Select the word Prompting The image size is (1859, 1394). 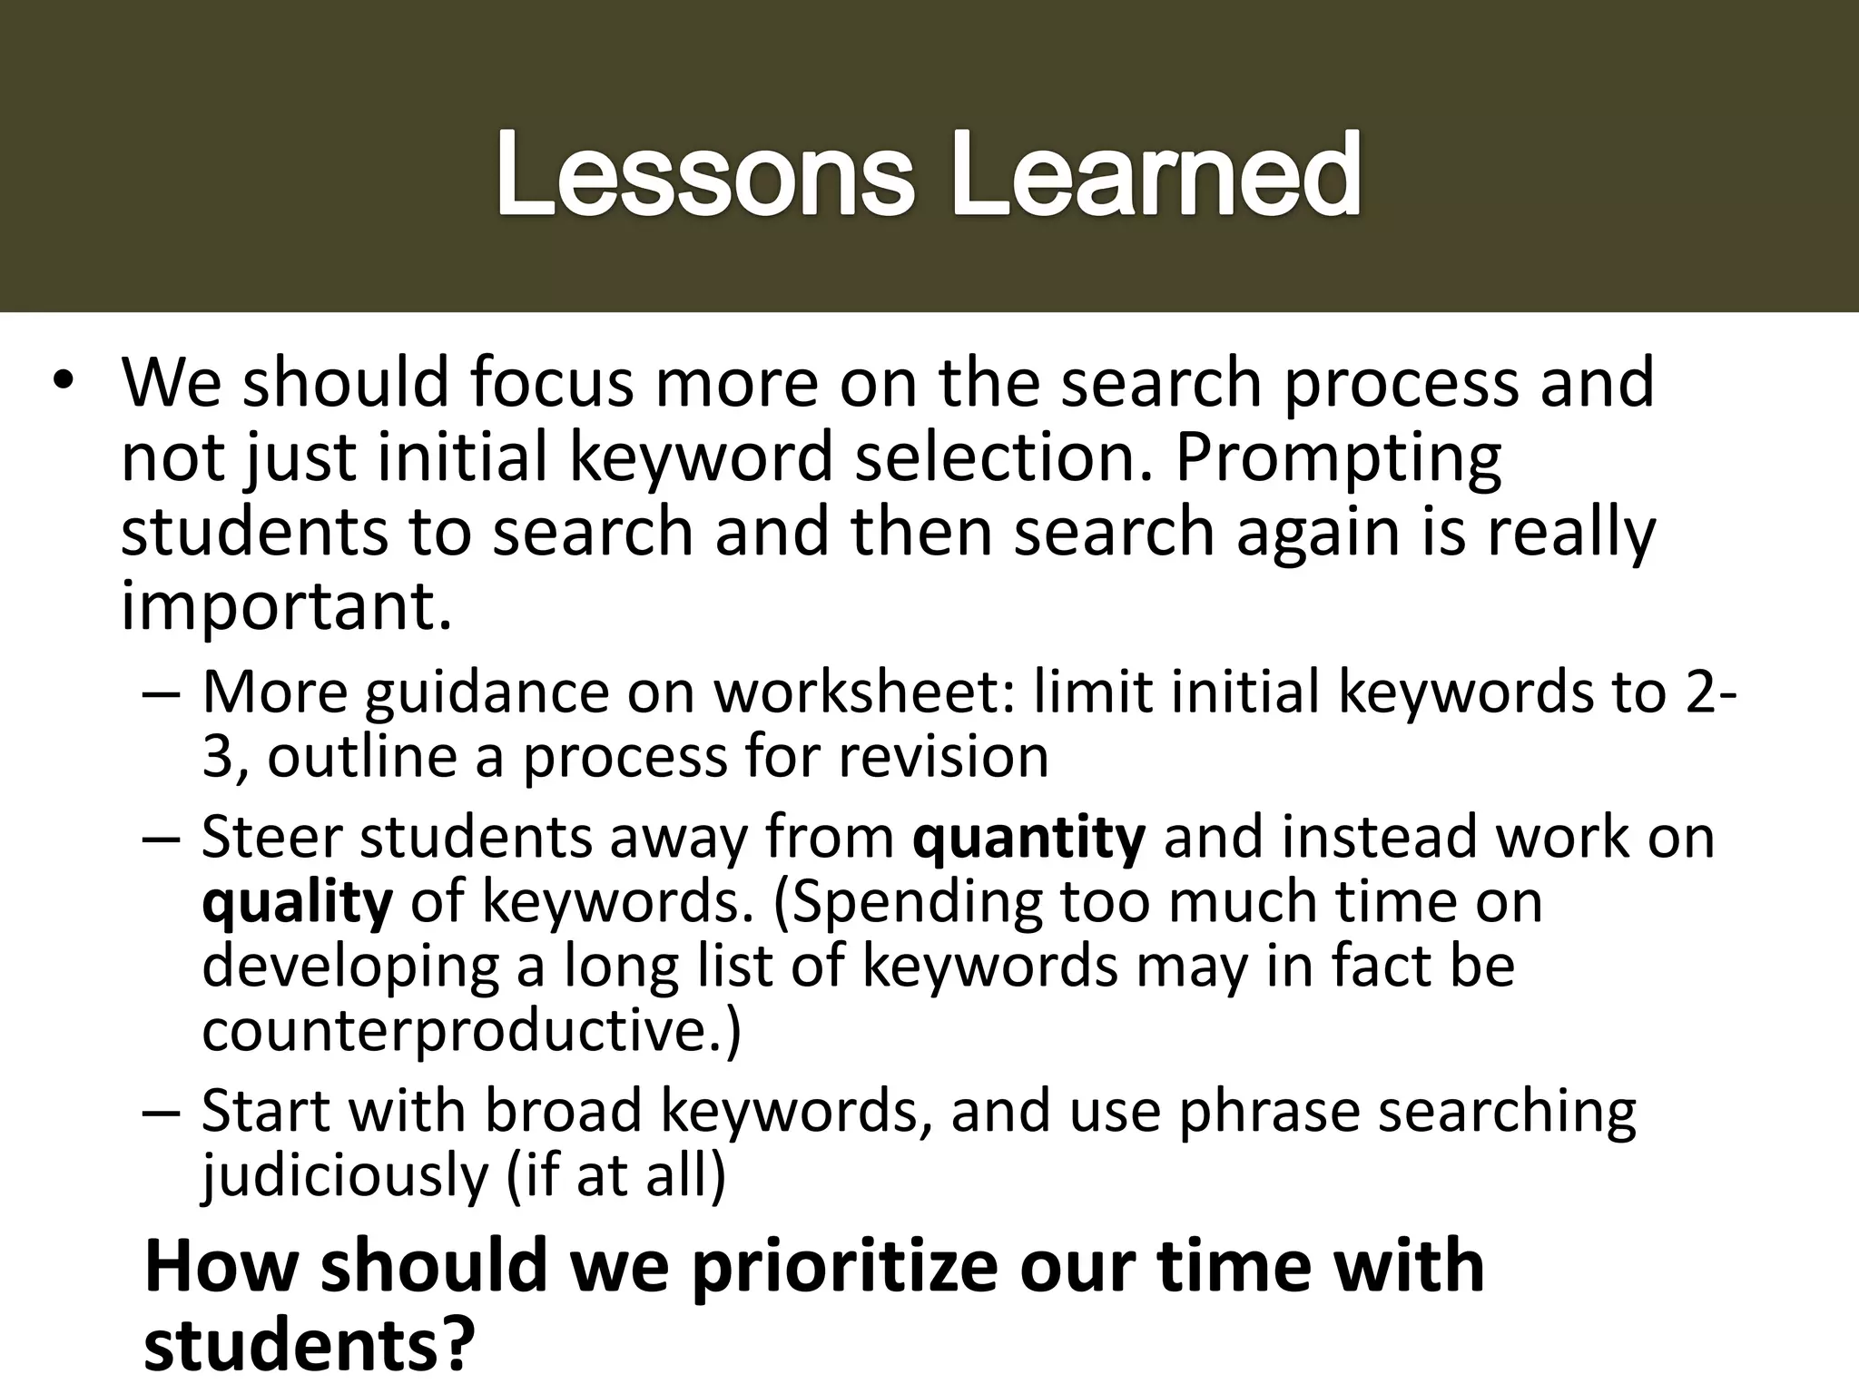click(x=1338, y=458)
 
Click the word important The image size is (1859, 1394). click(x=285, y=608)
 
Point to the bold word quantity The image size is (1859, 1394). click(x=1028, y=837)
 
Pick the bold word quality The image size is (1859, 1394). click(x=297, y=903)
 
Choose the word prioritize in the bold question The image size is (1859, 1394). click(x=843, y=1267)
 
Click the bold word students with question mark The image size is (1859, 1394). click(x=309, y=1345)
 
